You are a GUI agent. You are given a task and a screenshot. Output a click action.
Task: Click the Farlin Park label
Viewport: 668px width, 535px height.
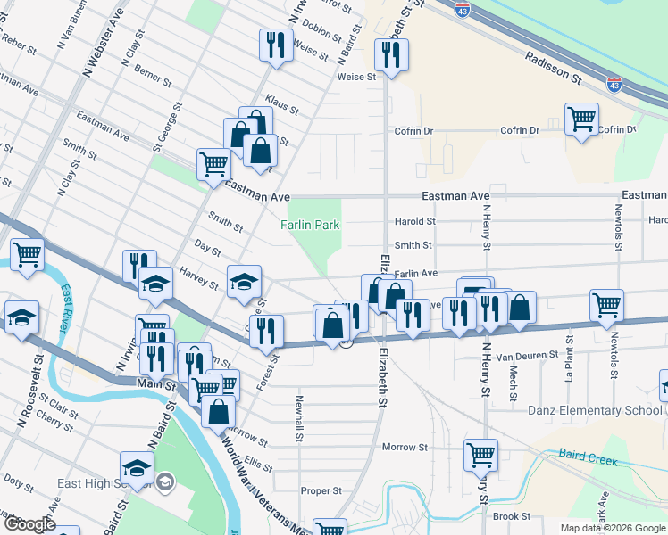tap(310, 226)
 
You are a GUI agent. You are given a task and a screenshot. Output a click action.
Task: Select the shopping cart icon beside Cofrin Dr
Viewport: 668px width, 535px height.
tap(581, 119)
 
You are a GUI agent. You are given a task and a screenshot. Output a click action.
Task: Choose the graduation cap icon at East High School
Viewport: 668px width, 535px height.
tap(138, 467)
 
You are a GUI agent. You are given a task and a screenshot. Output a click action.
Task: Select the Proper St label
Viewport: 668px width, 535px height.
tap(321, 490)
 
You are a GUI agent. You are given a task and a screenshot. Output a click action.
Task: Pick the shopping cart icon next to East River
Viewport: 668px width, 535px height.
tap(27, 254)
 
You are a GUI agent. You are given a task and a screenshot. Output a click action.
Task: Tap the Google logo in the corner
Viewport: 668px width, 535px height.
tap(29, 525)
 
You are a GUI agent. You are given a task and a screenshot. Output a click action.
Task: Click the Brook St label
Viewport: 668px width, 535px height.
tap(512, 516)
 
